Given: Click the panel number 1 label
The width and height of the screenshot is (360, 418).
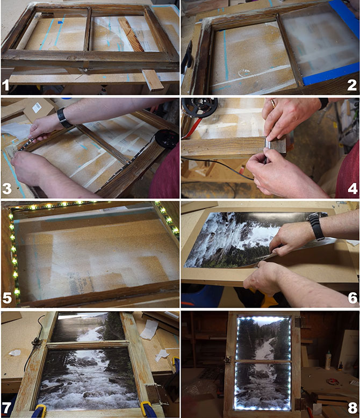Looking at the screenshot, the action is point(5,85).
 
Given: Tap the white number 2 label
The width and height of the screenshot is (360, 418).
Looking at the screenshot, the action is point(352,85).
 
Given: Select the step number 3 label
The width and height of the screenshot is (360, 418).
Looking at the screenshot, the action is point(7,189).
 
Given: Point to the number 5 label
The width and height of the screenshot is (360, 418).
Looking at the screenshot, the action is point(7,298).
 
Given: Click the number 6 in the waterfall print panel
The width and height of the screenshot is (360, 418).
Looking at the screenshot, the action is point(352,298).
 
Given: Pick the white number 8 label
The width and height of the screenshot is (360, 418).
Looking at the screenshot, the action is point(352,408).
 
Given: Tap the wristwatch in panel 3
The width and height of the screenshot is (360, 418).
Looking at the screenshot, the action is point(63,118).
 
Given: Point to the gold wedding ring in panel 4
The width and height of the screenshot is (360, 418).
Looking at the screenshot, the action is point(273,103).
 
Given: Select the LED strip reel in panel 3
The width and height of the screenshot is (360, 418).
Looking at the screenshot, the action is point(167,139).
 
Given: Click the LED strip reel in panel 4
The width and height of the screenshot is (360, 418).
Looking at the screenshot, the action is point(200,107).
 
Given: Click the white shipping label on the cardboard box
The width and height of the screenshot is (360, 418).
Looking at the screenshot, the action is point(37,107).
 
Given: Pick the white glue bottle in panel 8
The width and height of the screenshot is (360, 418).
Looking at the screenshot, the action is point(328,360).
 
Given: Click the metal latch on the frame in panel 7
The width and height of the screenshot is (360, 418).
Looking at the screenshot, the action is point(36,342).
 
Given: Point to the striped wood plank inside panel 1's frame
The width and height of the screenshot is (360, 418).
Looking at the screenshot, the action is point(131,35).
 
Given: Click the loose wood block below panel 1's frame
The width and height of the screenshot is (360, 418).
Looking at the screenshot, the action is point(153,80).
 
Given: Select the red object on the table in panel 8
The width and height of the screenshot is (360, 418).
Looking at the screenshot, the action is point(333,382).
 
